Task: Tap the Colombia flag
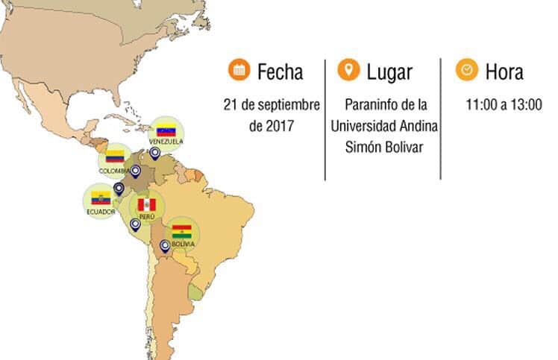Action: point(113,156)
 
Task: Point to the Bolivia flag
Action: point(181,230)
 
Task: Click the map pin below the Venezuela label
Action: point(154,153)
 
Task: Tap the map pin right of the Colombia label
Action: point(136,171)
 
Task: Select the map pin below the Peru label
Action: point(135,224)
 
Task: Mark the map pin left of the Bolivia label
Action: point(165,245)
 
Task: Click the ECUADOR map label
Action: point(101,211)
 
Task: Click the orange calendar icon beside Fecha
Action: point(239,71)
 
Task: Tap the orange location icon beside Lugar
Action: point(348,71)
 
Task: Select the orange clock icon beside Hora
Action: point(466,71)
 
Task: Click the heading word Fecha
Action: point(280,72)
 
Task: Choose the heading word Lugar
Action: point(389,72)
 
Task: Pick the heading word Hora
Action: point(504,72)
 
